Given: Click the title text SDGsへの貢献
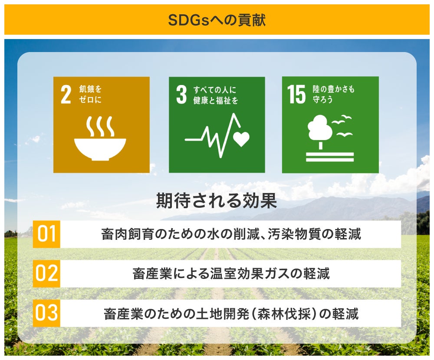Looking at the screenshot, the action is (217, 20).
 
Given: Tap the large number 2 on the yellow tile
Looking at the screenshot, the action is (66, 95).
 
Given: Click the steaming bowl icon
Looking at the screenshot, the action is (100, 138).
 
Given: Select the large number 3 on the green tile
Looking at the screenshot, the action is (181, 95).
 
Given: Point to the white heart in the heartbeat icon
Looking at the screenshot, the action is (241, 139).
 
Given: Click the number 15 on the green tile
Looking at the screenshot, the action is (296, 95).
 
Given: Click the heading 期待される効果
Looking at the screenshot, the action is (217, 201).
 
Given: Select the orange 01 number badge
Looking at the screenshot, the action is (46, 234).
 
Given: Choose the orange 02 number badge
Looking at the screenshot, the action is (46, 274).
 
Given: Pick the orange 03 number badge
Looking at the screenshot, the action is (46, 313).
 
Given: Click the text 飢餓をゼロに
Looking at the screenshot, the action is (90, 94).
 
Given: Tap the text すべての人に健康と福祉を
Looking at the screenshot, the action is (216, 95).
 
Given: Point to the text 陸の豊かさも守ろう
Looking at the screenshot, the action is (333, 94).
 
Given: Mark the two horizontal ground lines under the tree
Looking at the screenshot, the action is (330, 157).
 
